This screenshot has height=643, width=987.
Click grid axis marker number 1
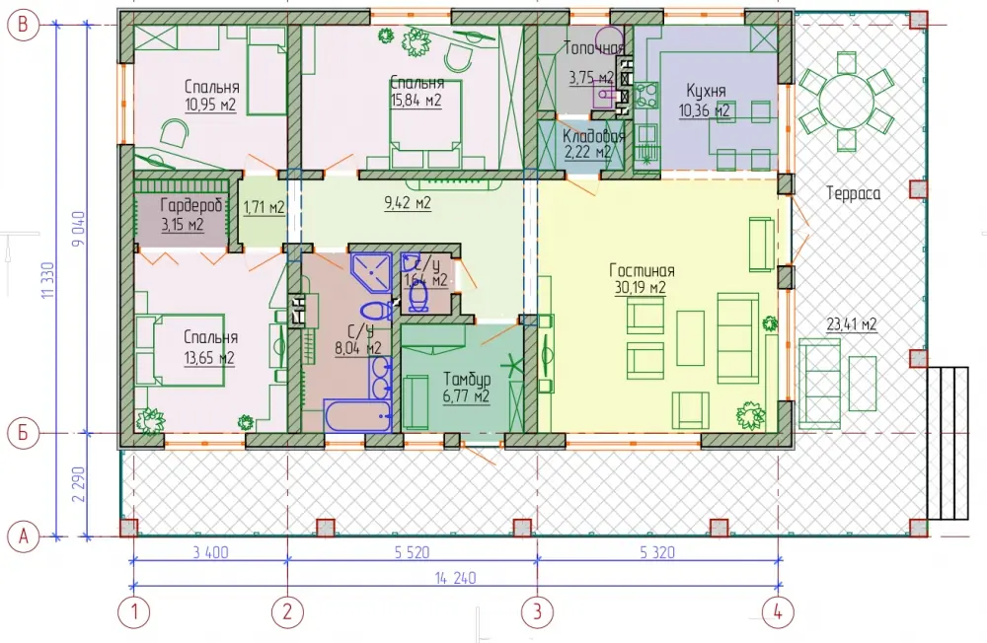click(x=133, y=611)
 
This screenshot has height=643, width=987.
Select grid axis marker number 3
click(x=537, y=611)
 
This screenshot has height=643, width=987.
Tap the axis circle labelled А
click(x=24, y=536)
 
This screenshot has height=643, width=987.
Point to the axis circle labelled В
click(x=24, y=25)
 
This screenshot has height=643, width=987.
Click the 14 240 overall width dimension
click(x=455, y=578)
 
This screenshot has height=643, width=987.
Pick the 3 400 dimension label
click(x=210, y=553)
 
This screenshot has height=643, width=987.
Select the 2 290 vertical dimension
click(x=78, y=484)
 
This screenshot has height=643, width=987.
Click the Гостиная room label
click(x=642, y=271)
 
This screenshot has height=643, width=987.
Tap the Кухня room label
click(x=706, y=91)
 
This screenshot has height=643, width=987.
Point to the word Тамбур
click(x=467, y=380)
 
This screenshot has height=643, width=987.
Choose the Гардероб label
click(x=190, y=205)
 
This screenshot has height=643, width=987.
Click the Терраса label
click(x=853, y=193)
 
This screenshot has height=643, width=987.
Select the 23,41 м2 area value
click(x=852, y=324)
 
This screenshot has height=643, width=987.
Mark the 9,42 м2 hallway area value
click(x=408, y=202)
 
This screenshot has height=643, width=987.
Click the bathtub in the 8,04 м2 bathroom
click(x=357, y=415)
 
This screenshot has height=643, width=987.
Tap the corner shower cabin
click(x=371, y=272)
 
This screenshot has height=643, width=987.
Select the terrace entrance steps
click(x=948, y=443)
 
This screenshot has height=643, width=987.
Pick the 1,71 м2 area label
click(x=264, y=207)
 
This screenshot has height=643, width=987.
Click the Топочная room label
click(x=593, y=48)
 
